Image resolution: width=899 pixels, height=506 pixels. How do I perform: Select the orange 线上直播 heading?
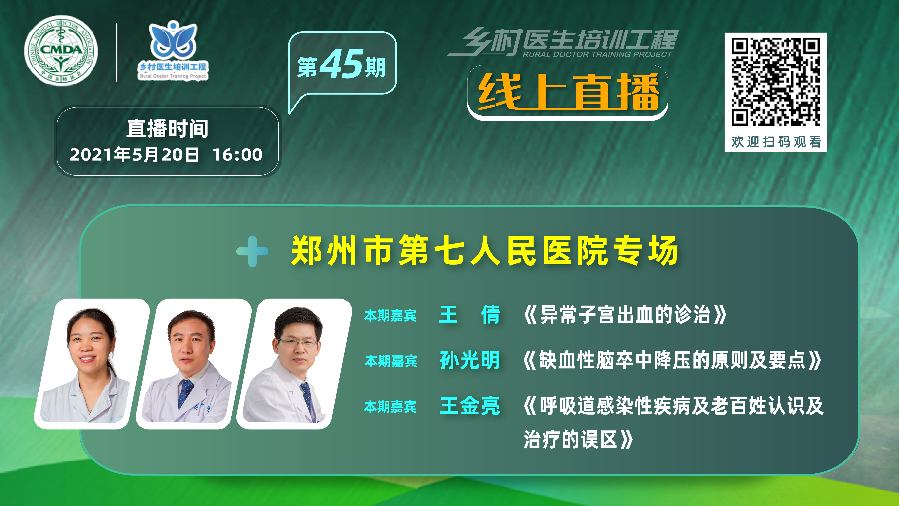(x=568, y=92)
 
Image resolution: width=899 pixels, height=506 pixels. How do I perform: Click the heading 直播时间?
(x=168, y=128)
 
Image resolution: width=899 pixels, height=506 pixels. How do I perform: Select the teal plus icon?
(x=252, y=251)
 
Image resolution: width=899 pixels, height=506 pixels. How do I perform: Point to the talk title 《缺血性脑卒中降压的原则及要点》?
(x=672, y=360)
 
